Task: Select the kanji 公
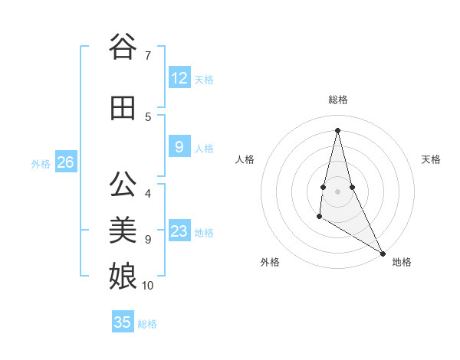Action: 123,185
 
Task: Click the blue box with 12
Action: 179,78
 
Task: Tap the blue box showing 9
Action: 179,147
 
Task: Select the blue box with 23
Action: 179,231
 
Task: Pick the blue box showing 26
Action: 66,162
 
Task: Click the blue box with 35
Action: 123,322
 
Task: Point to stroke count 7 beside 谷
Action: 147,55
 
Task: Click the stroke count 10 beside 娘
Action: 148,286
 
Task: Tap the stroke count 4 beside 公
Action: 147,193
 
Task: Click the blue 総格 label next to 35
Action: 147,324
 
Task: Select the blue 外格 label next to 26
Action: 41,163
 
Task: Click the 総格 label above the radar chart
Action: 337,100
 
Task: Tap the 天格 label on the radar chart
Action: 431,159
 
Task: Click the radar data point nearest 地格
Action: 383,254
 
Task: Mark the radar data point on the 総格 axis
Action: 337,129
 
